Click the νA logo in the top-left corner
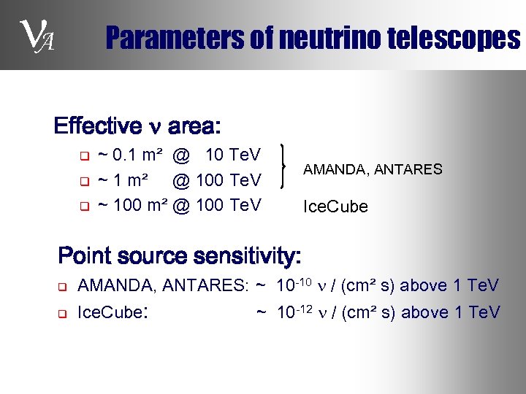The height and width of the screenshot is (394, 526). [x=35, y=36]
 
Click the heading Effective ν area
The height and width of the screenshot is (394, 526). [x=136, y=126]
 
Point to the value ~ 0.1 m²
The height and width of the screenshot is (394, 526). [x=130, y=155]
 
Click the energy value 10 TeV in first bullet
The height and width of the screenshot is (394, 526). [x=233, y=155]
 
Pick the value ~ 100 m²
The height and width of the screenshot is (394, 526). [x=133, y=205]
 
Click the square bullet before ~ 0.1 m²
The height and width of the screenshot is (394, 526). [x=83, y=155]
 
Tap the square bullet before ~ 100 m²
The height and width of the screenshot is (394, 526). [x=83, y=206]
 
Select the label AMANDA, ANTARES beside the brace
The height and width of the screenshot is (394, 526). [x=373, y=169]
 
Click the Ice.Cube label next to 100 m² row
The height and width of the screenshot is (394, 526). [x=335, y=206]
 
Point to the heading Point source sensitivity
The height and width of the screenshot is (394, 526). [x=179, y=256]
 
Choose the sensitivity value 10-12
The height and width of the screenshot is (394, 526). [x=295, y=312]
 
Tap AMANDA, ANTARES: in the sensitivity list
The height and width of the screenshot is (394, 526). [x=164, y=285]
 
